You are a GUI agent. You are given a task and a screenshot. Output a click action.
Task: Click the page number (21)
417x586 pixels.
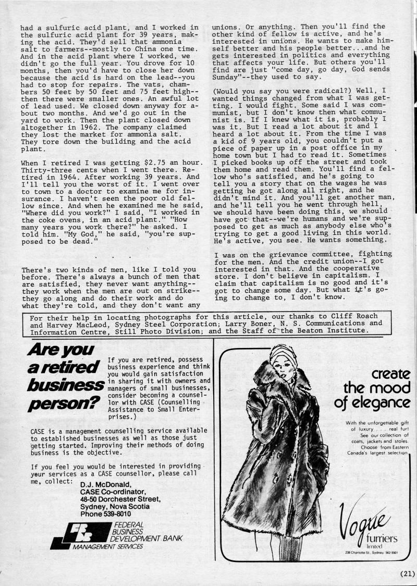tap(407, 573)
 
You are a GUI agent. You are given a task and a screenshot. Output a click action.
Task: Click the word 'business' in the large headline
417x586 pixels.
tap(66, 385)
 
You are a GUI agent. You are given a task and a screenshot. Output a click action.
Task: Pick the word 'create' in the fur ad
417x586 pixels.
tap(391, 374)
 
